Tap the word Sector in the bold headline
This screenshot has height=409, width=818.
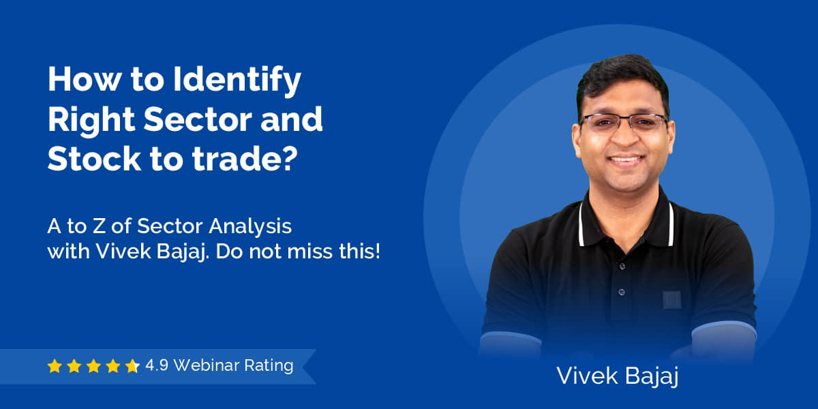pyautogui.click(x=198, y=119)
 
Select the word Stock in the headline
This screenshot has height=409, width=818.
pyautogui.click(x=94, y=159)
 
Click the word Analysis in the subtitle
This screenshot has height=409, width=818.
pyautogui.click(x=250, y=227)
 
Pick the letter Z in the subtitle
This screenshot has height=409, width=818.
pyautogui.click(x=98, y=226)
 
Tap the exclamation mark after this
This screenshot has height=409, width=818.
pyautogui.click(x=377, y=252)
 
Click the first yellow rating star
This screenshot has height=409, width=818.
pyautogui.click(x=55, y=366)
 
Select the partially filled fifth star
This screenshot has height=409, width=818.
pyautogui.click(x=132, y=366)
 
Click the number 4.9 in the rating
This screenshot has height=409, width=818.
pyautogui.click(x=157, y=365)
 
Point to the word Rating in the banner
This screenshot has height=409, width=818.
pyautogui.click(x=269, y=366)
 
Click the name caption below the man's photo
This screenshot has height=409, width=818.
pyautogui.click(x=617, y=376)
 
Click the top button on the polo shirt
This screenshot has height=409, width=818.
pyautogui.click(x=622, y=267)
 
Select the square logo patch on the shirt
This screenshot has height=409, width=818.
pyautogui.click(x=672, y=300)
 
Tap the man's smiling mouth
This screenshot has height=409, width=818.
pyautogui.click(x=626, y=160)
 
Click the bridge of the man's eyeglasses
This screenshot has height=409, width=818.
pyautogui.click(x=625, y=119)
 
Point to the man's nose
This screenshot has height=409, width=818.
pyautogui.click(x=625, y=137)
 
